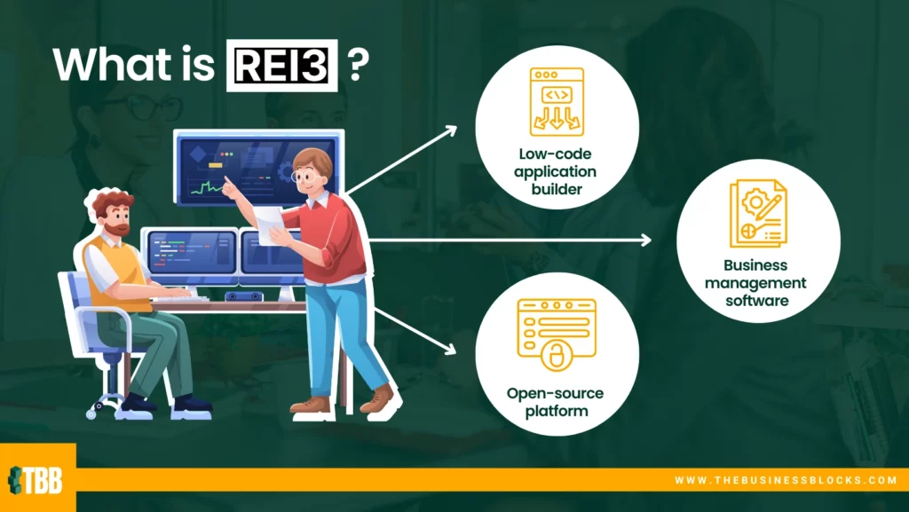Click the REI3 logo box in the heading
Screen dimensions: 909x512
[x=281, y=66]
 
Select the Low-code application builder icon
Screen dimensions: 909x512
[x=557, y=102]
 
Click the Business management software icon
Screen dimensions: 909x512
[x=758, y=213]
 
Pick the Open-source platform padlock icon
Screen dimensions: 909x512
[x=557, y=335]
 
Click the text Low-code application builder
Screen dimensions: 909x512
[x=556, y=171]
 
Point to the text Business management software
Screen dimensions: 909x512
[x=756, y=283]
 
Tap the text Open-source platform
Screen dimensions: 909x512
[x=556, y=403]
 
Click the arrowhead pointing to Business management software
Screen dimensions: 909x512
[x=645, y=240]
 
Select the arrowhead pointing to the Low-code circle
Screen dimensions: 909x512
[x=450, y=131]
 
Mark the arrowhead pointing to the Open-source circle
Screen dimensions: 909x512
[x=449, y=348]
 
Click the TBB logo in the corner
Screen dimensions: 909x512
[x=36, y=480]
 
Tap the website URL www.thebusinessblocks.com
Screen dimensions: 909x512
[x=786, y=480]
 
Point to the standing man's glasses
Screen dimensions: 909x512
[x=304, y=175]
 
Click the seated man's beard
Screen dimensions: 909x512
[x=118, y=226]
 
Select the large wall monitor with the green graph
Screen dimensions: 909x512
[x=258, y=168]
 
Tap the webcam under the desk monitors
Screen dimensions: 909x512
[x=243, y=296]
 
